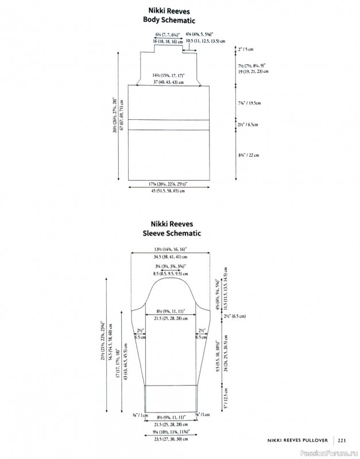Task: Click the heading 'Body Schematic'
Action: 169,20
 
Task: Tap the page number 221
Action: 341,441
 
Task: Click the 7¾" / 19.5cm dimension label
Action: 249,103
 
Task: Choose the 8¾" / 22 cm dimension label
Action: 249,155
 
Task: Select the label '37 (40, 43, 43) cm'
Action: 169,83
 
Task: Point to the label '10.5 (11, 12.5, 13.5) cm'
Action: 204,42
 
